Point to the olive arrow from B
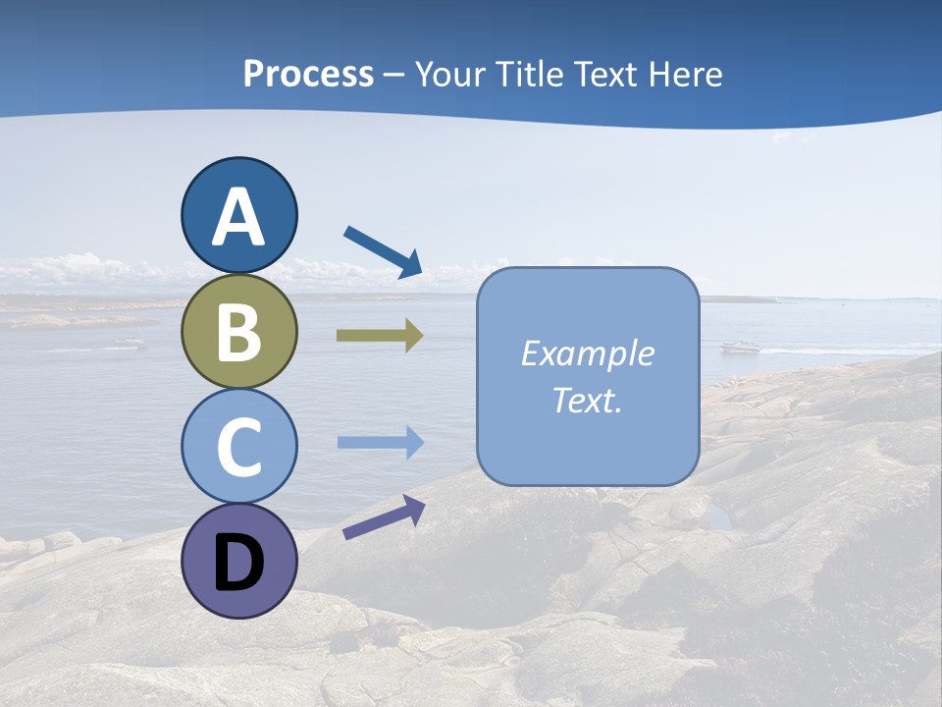[x=380, y=336]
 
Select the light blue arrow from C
[x=381, y=443]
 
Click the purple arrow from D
[x=384, y=517]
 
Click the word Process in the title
[x=308, y=74]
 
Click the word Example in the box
[x=588, y=353]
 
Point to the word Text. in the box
[x=588, y=401]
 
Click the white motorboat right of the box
[x=741, y=347]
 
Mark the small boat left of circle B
[x=129, y=343]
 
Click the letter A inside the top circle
[x=238, y=218]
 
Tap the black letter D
[x=238, y=563]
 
